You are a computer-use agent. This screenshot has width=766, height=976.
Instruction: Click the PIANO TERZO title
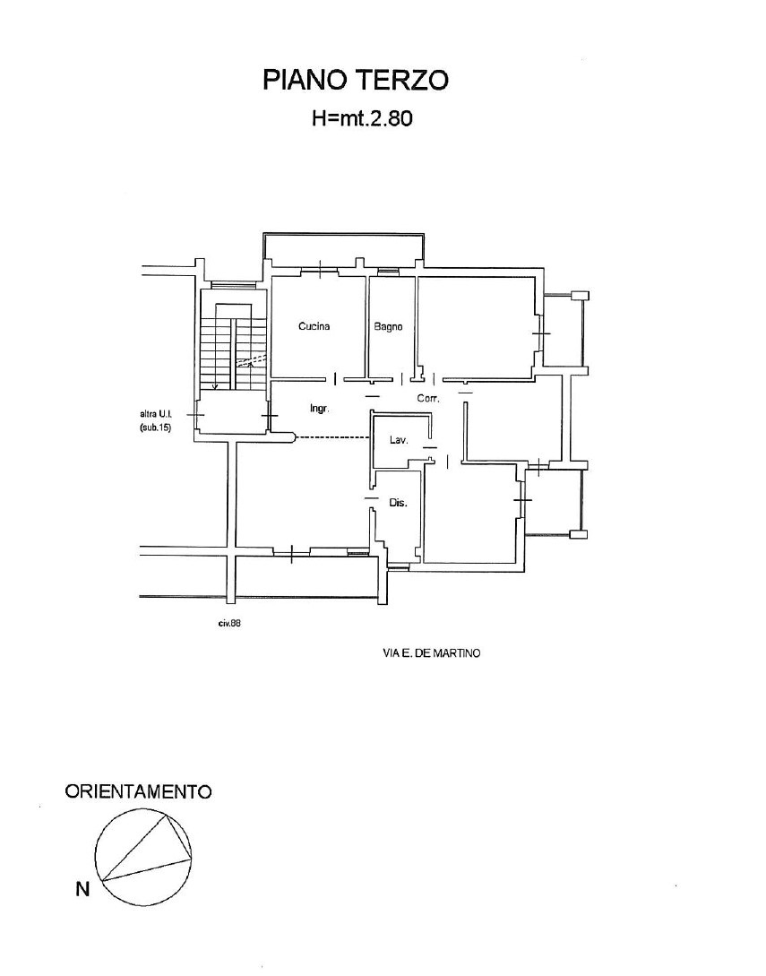click(x=356, y=81)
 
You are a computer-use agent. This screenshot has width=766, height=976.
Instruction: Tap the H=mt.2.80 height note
click(x=362, y=118)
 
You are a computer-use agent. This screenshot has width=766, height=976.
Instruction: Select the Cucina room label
click(x=314, y=326)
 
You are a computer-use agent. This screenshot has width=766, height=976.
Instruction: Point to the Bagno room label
click(x=388, y=326)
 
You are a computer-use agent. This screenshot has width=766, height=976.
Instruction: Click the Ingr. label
click(x=319, y=409)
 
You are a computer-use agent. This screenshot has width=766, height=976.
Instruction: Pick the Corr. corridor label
click(x=428, y=398)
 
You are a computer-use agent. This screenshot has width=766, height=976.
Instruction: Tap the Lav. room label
click(x=399, y=440)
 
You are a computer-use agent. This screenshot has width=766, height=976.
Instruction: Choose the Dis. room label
click(x=399, y=503)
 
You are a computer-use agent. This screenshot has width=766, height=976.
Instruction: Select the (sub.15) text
click(x=156, y=428)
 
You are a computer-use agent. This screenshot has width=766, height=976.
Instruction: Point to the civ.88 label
click(x=229, y=623)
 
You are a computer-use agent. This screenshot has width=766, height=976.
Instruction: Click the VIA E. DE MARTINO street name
click(x=432, y=653)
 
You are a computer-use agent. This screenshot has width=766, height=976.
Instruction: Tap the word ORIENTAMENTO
click(x=138, y=791)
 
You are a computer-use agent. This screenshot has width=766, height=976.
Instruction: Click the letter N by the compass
click(x=82, y=889)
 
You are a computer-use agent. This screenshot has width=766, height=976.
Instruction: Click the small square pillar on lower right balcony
click(x=580, y=533)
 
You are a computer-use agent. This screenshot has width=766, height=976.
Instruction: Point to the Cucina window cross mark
click(x=320, y=270)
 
